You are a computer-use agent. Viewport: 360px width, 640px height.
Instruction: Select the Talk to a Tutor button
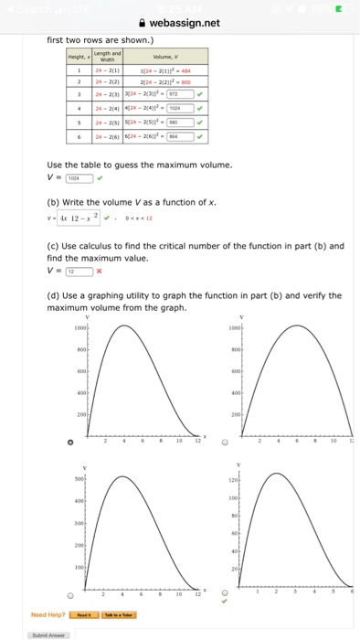(118, 615)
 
